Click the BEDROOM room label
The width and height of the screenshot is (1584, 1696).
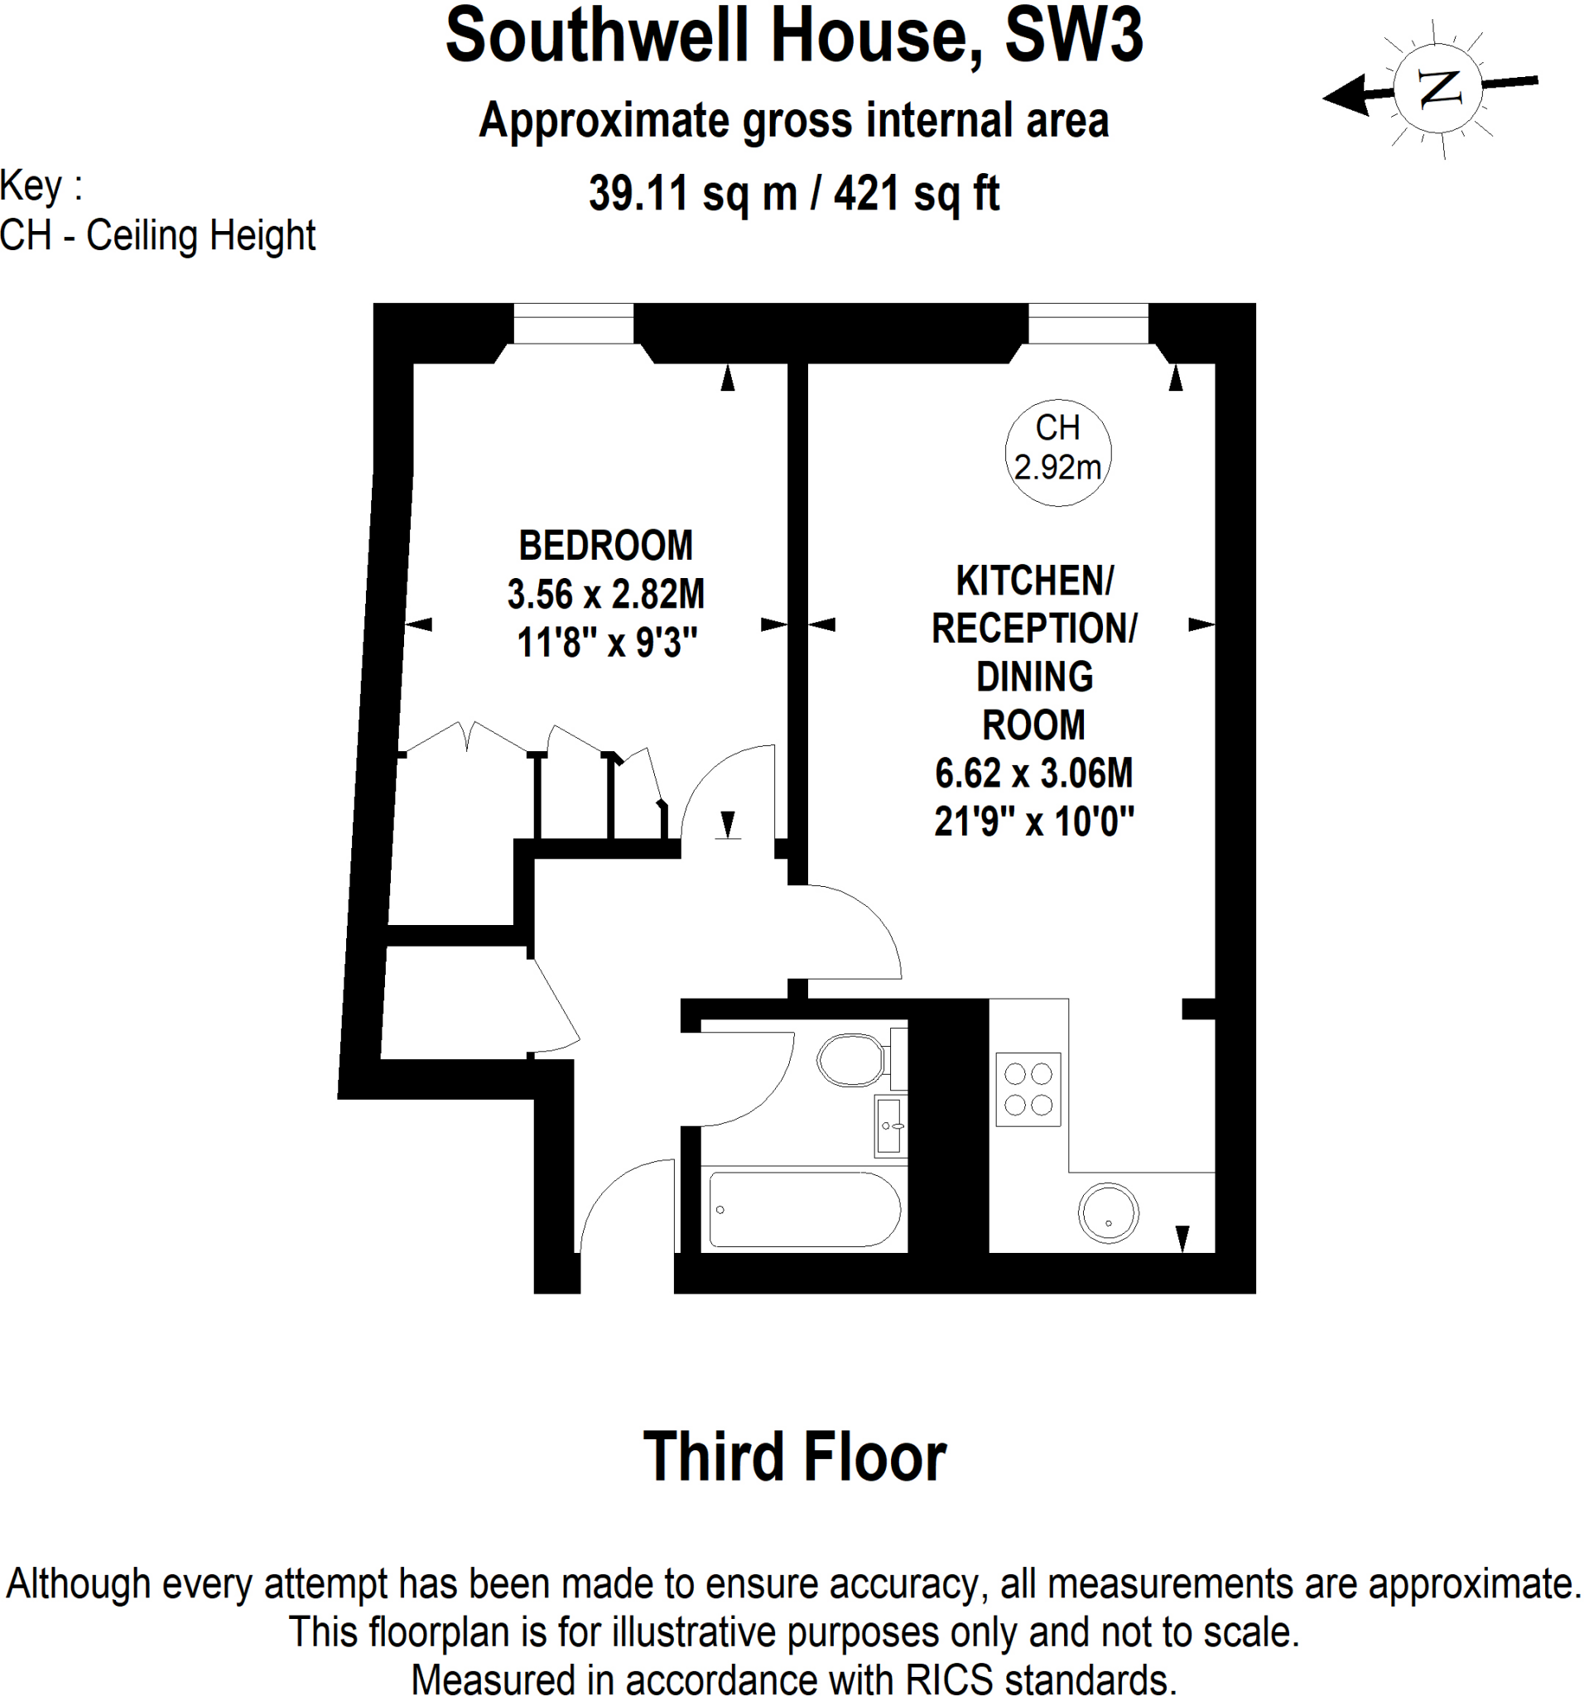[604, 546]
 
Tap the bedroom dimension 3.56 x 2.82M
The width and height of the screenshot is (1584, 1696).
[604, 595]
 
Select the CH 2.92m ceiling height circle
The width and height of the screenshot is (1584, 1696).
[1057, 452]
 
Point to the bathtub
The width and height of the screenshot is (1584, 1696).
[803, 1210]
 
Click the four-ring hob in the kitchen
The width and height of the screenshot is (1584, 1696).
[1027, 1090]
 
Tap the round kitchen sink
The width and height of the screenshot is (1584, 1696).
[1107, 1212]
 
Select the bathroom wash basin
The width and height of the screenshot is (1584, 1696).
[888, 1126]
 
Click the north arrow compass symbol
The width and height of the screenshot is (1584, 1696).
[1438, 88]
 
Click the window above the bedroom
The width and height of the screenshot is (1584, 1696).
[572, 323]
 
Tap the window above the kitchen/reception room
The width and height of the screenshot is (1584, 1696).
[1087, 323]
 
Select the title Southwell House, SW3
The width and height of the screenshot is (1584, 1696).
[793, 36]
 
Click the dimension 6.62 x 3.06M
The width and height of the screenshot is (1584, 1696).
[1033, 773]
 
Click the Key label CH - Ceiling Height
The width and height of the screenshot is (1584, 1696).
[158, 235]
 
